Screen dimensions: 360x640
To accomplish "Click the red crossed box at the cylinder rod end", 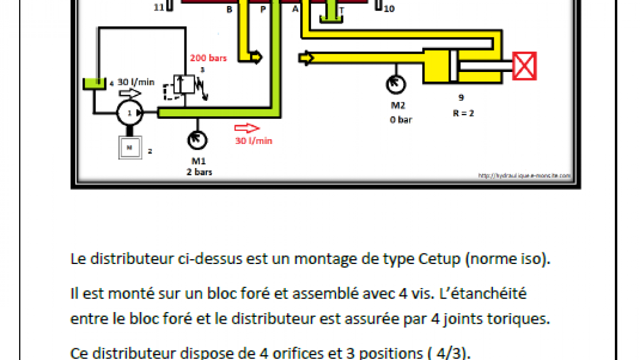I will [524, 66].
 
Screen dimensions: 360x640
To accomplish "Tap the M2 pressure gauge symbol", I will [396, 83].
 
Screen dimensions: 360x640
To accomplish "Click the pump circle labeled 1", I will [130, 113].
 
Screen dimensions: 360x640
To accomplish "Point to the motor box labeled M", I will [130, 147].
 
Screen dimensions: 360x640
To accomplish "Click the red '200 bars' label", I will [208, 58].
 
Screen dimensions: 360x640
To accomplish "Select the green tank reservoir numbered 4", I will [94, 84].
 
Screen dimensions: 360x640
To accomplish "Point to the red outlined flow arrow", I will [247, 128].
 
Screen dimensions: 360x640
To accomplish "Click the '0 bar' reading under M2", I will [401, 120].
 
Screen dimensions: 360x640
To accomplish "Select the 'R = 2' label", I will [461, 113].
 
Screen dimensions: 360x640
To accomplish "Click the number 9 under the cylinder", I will [461, 98].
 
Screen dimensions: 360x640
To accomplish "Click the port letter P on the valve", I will [262, 9].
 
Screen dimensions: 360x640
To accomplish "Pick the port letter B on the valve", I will [229, 9].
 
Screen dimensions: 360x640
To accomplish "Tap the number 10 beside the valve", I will [389, 9].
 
